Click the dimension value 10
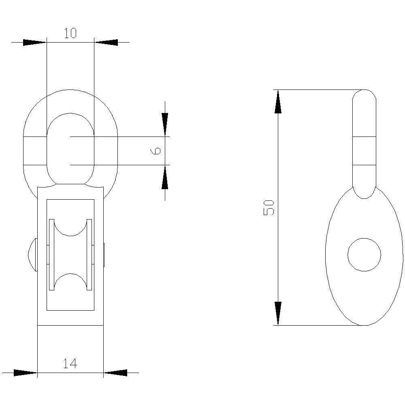[70, 33]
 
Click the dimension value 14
[70, 364]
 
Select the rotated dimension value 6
[156, 151]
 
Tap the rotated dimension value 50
[269, 207]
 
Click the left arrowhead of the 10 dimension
[34, 42]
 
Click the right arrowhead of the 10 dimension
[106, 42]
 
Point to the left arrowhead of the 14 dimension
[25, 373]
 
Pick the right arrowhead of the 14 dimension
[115, 373]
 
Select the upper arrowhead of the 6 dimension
[165, 124]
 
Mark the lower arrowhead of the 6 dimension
[165, 178]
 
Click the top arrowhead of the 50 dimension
[278, 102]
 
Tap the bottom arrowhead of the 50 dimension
[278, 313]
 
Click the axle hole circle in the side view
[364, 255]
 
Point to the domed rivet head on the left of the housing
[32, 255]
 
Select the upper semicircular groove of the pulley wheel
[70, 228]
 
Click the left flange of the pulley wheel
[51, 255]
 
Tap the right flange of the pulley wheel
[89, 255]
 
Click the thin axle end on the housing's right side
[104, 255]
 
